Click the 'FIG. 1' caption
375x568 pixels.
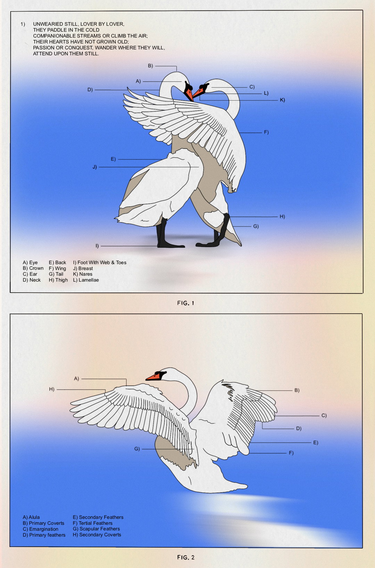tap(186, 303)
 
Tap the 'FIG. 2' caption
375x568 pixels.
tap(186, 557)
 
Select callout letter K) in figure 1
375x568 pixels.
tap(282, 100)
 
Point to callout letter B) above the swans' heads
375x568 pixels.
tap(150, 66)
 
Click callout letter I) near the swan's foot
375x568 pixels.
tap(97, 246)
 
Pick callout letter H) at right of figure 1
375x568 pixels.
tap(282, 217)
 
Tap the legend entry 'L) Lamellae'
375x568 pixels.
tap(86, 280)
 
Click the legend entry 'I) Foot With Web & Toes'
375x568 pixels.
tap(99, 262)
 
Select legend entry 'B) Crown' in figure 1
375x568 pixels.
tap(33, 268)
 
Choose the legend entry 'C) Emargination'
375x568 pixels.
tap(40, 529)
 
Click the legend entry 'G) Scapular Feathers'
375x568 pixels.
tap(96, 529)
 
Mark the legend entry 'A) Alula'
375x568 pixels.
tap(31, 517)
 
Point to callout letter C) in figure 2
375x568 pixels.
tap(324, 416)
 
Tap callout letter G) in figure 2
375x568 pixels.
tap(137, 449)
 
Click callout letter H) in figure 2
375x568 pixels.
tap(51, 389)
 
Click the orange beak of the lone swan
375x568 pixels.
tap(153, 377)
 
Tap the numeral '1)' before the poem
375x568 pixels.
tap(23, 24)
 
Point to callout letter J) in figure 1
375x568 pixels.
tap(95, 167)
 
